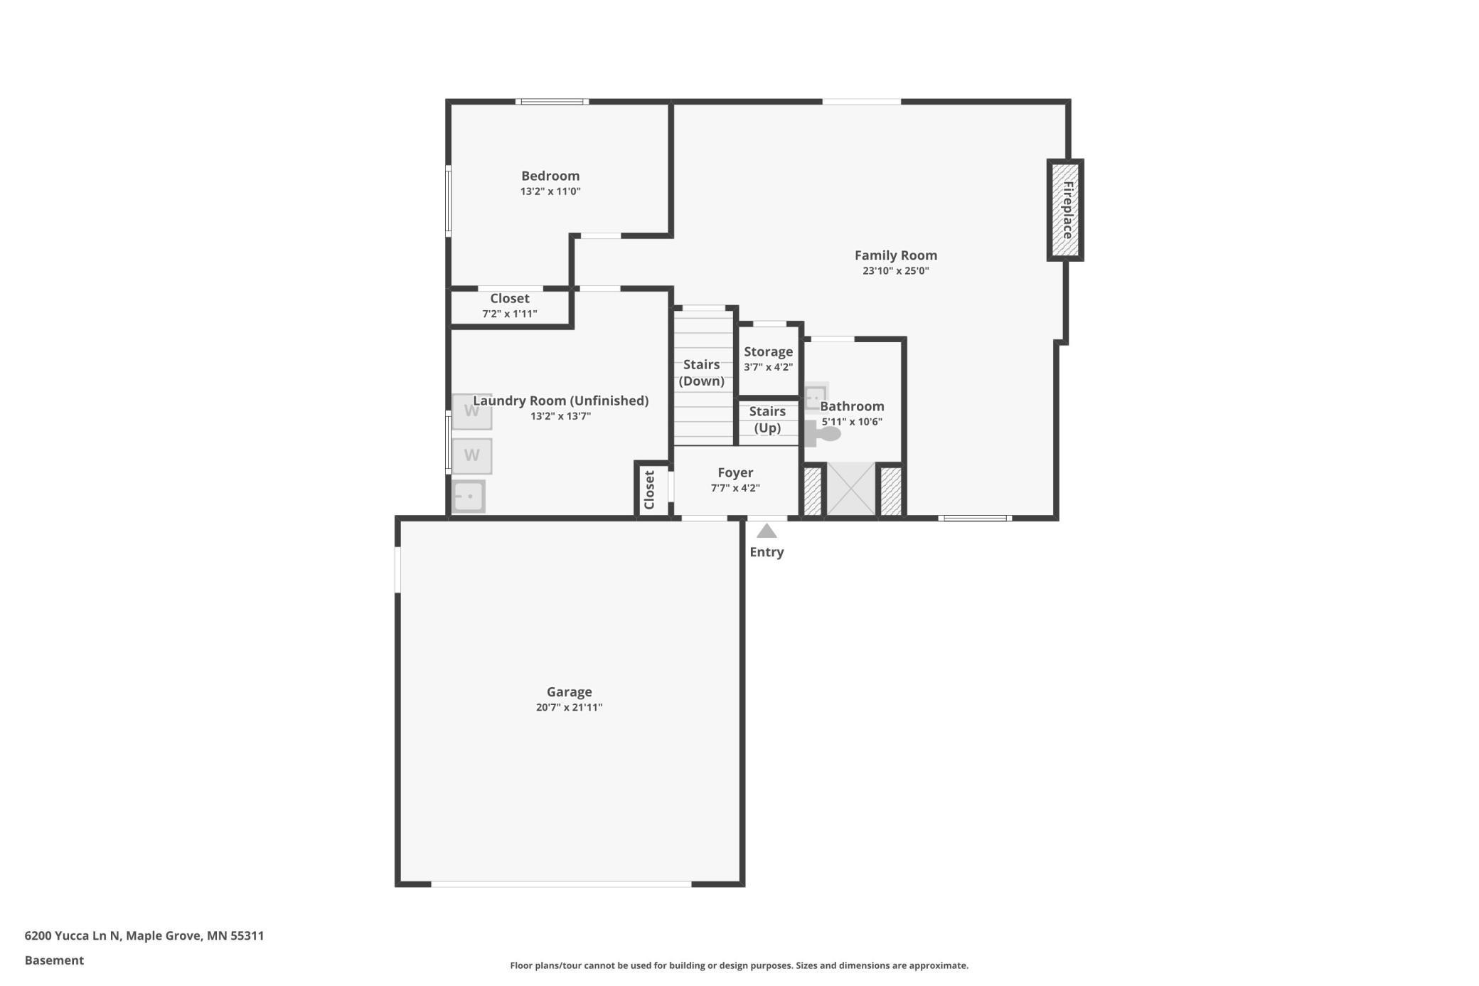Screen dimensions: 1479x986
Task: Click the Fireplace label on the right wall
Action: click(1067, 210)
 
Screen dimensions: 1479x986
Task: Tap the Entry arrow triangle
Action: click(766, 531)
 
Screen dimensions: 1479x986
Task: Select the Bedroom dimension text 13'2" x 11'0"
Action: click(550, 191)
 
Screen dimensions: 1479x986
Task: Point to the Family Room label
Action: click(896, 255)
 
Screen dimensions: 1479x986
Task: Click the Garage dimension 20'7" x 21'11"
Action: click(569, 707)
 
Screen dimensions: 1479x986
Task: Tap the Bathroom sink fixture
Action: click(816, 397)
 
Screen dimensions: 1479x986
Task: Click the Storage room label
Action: click(768, 351)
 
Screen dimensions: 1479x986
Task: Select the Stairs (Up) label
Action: click(767, 420)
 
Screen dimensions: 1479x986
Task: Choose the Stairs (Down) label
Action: click(701, 373)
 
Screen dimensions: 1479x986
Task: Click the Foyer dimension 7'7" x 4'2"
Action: click(735, 488)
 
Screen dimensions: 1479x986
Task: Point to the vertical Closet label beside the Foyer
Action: click(649, 490)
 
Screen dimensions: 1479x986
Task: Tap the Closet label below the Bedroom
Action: click(510, 298)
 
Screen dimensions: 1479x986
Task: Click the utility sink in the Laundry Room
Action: click(469, 496)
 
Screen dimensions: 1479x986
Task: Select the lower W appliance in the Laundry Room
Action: click(471, 456)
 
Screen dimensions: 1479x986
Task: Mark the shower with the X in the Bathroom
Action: click(851, 489)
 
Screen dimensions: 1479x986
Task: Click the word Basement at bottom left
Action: click(54, 960)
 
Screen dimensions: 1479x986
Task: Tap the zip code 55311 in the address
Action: click(247, 935)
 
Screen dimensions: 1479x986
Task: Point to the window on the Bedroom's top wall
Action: click(552, 102)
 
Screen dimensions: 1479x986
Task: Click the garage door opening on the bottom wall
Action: click(561, 884)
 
